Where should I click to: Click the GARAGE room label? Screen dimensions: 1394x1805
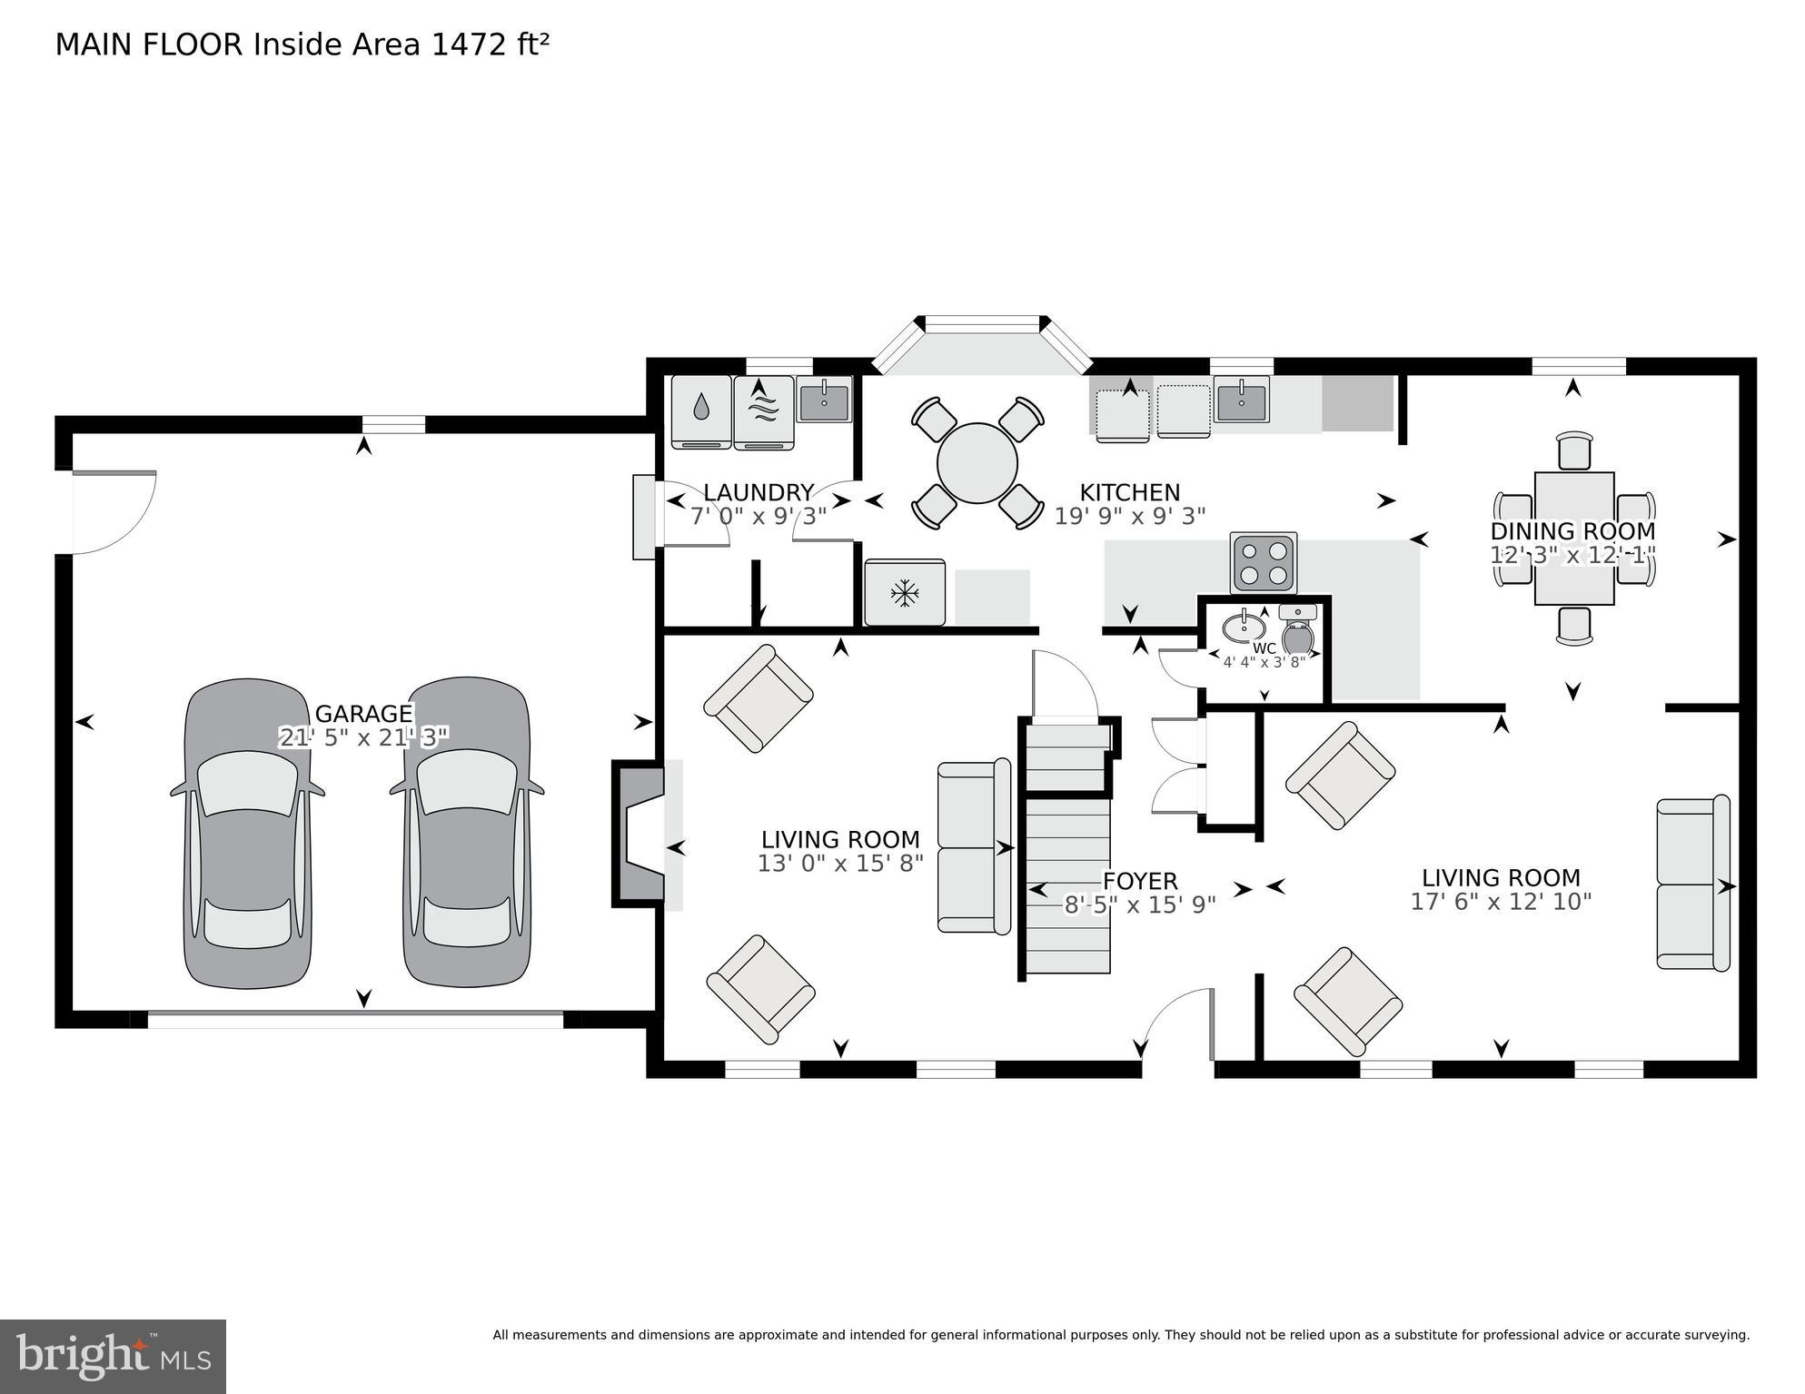[363, 713]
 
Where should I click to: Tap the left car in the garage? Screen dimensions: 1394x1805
[247, 834]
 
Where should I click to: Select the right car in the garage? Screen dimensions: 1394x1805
[467, 834]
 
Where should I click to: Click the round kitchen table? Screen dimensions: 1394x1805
[977, 463]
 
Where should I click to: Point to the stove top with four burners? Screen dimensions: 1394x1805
[1264, 562]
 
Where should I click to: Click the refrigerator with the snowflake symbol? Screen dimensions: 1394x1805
[904, 594]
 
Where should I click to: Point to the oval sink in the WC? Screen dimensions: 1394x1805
[1244, 627]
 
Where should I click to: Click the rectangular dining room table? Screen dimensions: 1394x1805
[1573, 538]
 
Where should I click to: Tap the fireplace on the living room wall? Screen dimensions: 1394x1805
[641, 833]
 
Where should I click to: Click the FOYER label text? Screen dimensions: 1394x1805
[1139, 881]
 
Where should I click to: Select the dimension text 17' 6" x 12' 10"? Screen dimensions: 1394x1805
[1501, 902]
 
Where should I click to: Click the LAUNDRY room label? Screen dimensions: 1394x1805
[758, 492]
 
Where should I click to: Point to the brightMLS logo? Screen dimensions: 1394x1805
[113, 1357]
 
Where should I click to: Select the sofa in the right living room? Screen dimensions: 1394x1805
[1693, 884]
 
